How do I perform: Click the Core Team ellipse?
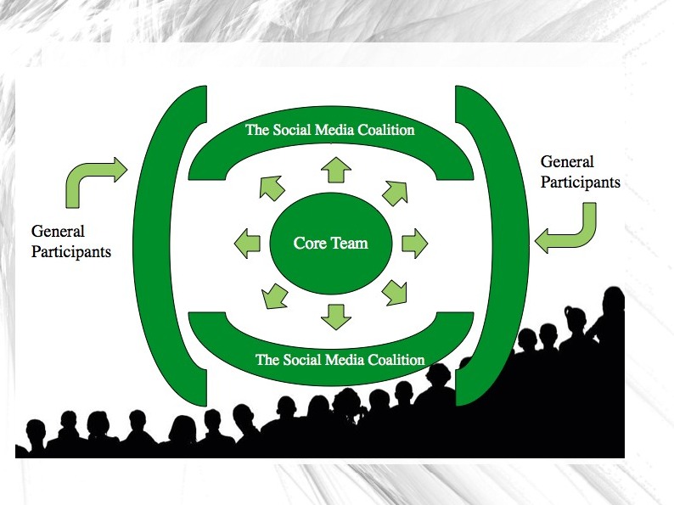(330, 244)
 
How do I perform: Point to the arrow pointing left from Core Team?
(247, 243)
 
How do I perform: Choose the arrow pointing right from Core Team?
(414, 244)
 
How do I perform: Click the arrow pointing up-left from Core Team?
(272, 186)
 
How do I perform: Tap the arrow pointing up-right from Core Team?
(395, 193)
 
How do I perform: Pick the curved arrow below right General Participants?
(570, 231)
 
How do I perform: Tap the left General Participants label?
(70, 242)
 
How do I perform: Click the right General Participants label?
(580, 171)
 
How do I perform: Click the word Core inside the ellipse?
(309, 244)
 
